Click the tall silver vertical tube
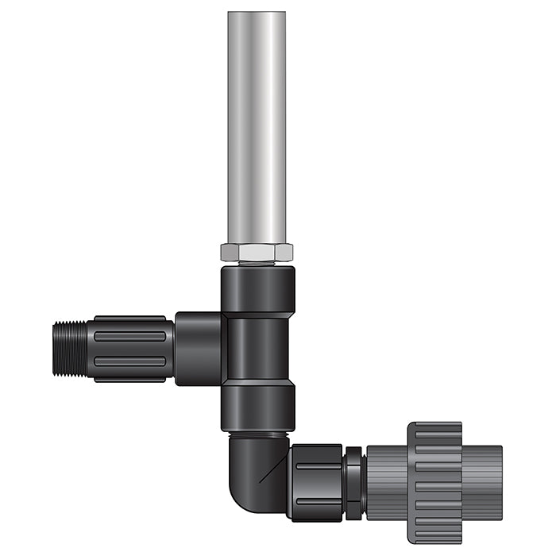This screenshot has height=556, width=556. coord(257,127)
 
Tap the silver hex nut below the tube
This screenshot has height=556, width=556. coord(257,253)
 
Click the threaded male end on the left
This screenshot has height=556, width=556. coord(71,348)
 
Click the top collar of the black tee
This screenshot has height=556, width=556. coord(258,290)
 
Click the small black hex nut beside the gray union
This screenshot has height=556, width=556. coord(354,482)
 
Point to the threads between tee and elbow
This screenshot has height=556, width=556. coord(258,434)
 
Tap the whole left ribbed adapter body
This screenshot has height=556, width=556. coord(131,348)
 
